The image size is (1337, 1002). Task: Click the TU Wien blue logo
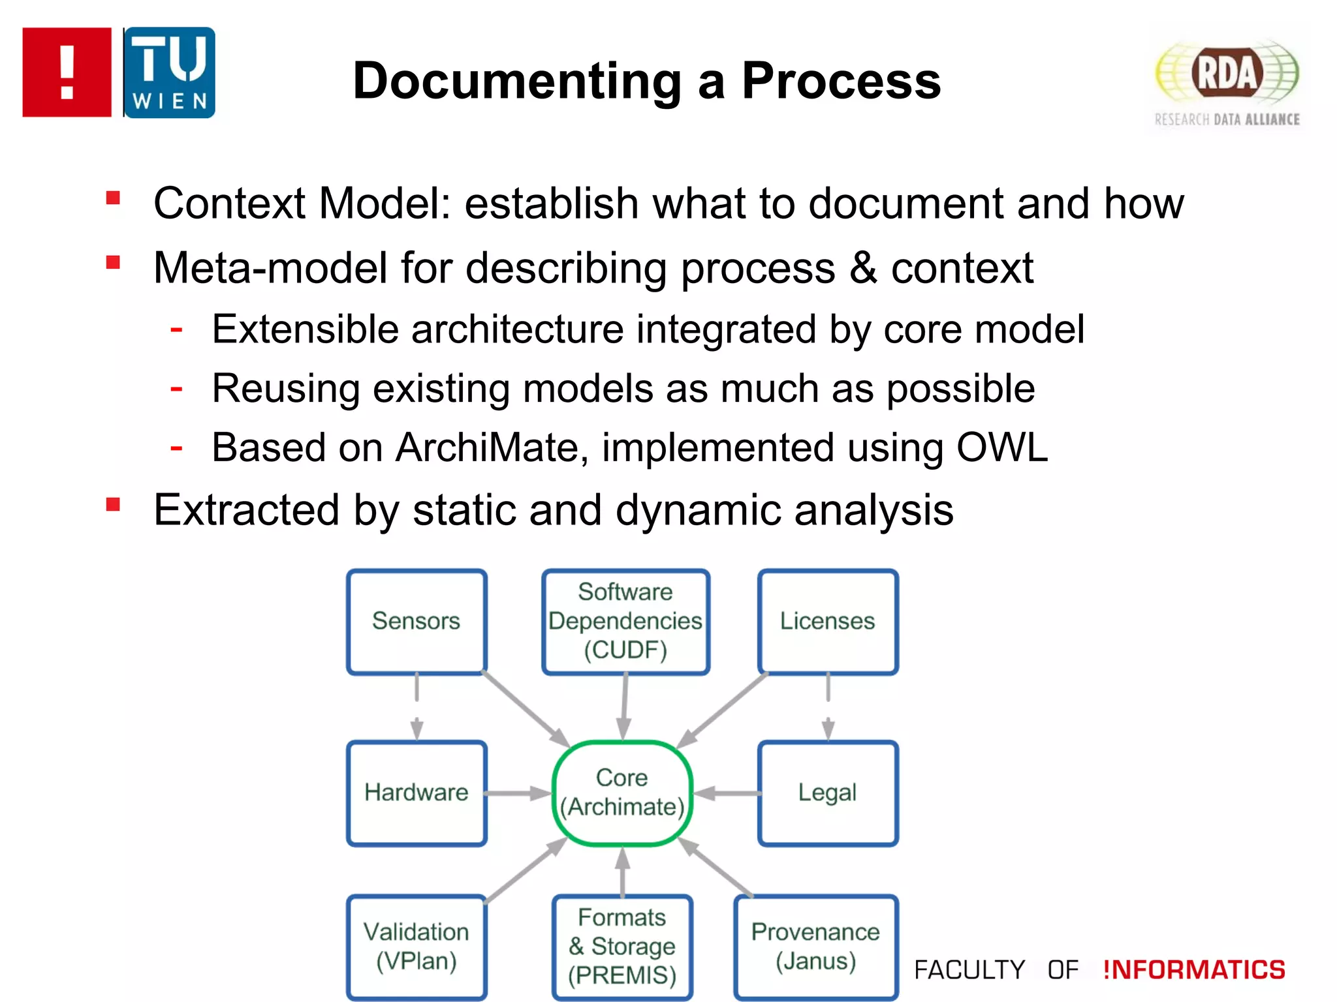point(169,72)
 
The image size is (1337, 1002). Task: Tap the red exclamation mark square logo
point(67,72)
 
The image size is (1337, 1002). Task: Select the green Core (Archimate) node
point(622,793)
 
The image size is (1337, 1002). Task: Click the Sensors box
point(417,621)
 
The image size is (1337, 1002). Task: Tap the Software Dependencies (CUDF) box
point(625,621)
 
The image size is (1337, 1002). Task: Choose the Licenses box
point(827,621)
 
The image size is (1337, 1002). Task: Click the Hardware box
point(417,793)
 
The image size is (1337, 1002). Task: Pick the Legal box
point(827,793)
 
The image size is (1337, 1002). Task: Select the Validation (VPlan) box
point(417,946)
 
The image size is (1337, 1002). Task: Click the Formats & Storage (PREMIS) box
point(622,946)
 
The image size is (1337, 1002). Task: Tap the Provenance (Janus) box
point(815,946)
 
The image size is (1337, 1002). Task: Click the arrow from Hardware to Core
point(519,793)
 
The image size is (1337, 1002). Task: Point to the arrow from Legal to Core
point(726,793)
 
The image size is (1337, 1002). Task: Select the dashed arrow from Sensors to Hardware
point(417,707)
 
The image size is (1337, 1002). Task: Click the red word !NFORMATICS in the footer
point(1194,969)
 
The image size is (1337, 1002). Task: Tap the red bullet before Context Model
point(113,198)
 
